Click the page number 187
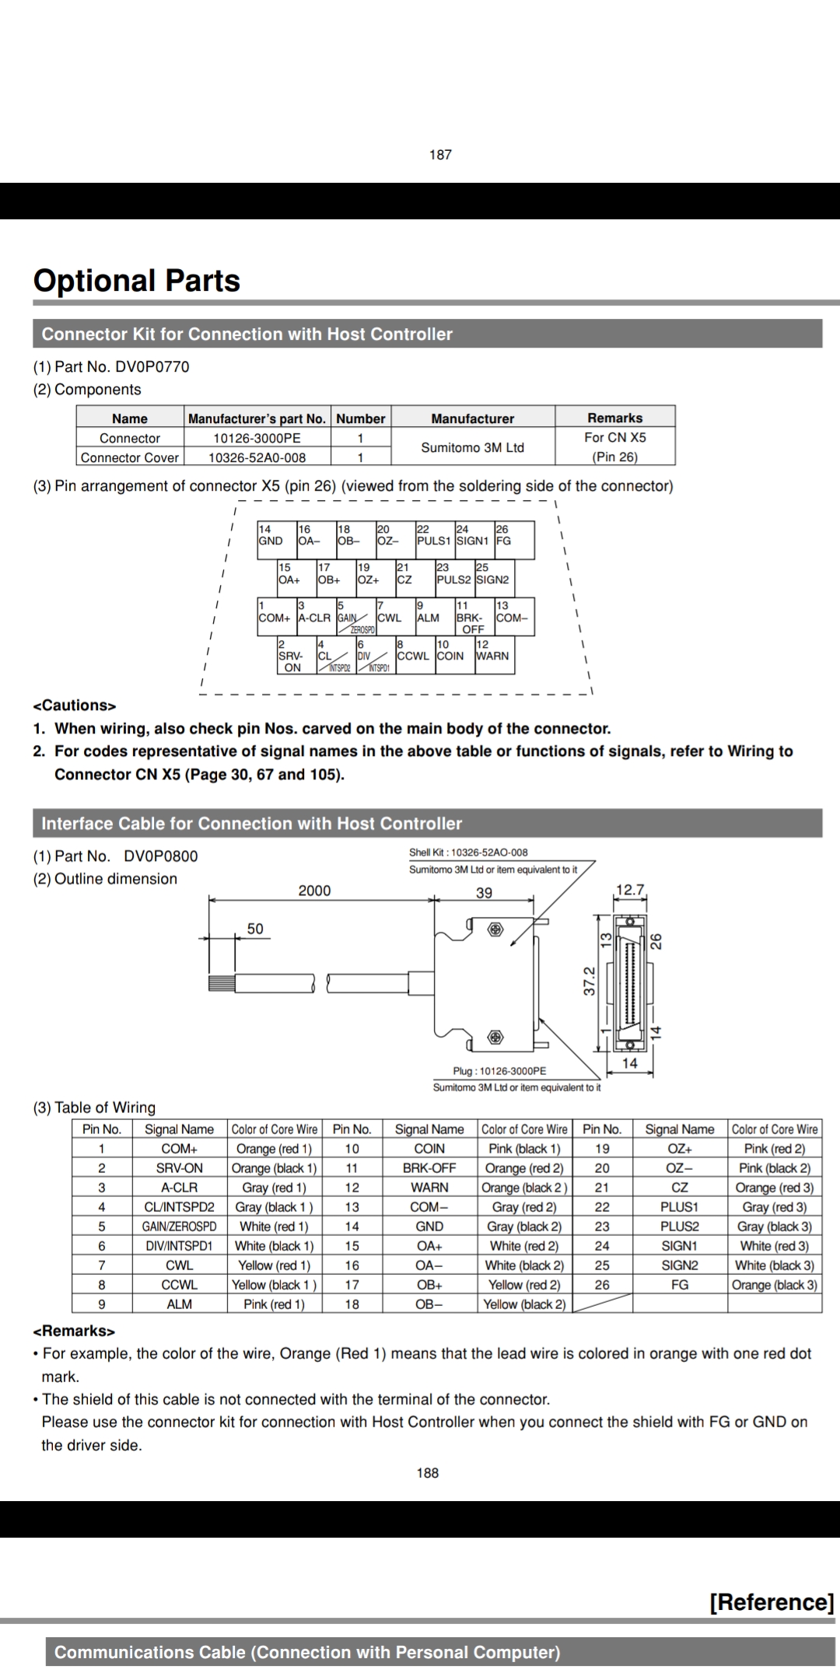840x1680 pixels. pos(440,155)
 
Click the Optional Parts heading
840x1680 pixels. pos(137,281)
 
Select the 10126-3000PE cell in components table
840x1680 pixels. pos(257,438)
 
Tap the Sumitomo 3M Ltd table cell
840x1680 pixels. pos(472,447)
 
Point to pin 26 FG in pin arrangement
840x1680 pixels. pos(513,540)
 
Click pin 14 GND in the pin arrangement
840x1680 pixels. pos(276,540)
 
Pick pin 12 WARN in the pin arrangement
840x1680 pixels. pos(493,655)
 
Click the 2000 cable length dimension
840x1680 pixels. pos(314,891)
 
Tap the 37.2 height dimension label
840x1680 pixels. pos(590,981)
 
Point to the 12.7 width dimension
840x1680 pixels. pos(630,889)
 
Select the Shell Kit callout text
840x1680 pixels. pos(468,852)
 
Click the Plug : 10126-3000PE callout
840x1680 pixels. pos(499,1071)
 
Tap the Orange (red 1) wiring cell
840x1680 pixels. pos(274,1149)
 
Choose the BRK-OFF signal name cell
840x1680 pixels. pos(429,1168)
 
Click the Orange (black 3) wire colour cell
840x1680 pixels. pos(774,1285)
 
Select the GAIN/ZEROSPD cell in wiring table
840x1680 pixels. pos(179,1227)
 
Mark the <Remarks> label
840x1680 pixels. pos(73,1331)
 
